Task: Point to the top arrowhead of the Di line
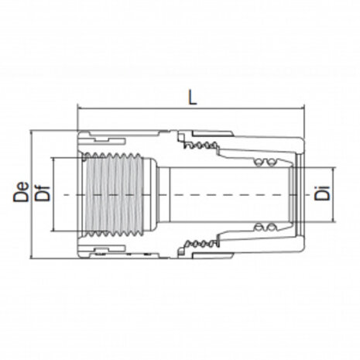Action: (334, 170)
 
